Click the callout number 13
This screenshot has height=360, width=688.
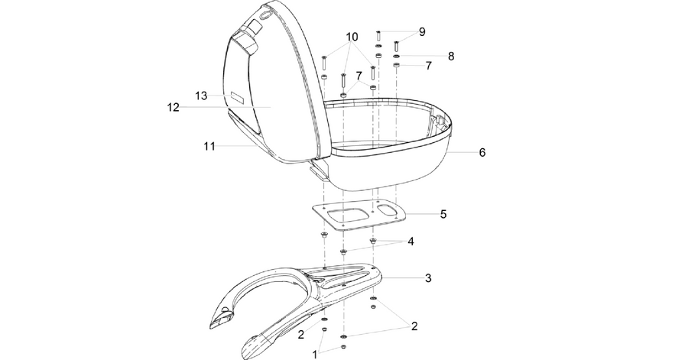pyautogui.click(x=201, y=96)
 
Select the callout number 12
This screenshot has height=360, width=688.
pyautogui.click(x=174, y=107)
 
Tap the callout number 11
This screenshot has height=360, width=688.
pyautogui.click(x=209, y=146)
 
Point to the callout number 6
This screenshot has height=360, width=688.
pyautogui.click(x=482, y=153)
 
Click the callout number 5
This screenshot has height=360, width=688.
pyautogui.click(x=443, y=214)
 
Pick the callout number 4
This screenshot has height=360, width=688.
pyautogui.click(x=411, y=242)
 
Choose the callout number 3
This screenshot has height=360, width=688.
pyautogui.click(x=428, y=278)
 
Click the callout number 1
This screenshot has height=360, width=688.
pyautogui.click(x=315, y=355)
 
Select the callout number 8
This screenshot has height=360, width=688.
pyautogui.click(x=451, y=56)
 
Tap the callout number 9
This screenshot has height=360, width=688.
pyautogui.click(x=422, y=31)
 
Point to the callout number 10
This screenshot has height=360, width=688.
pyautogui.click(x=352, y=37)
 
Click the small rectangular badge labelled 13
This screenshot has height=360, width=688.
pyautogui.click(x=237, y=98)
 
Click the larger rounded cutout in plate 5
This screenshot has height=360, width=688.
pyautogui.click(x=346, y=216)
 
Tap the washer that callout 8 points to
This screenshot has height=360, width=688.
pyautogui.click(x=396, y=57)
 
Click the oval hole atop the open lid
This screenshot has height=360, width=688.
pyautogui.click(x=265, y=15)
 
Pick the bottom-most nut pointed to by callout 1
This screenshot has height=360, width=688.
pyautogui.click(x=343, y=347)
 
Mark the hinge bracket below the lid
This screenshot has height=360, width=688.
pyautogui.click(x=318, y=169)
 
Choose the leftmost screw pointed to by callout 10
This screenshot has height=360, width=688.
pyautogui.click(x=324, y=63)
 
